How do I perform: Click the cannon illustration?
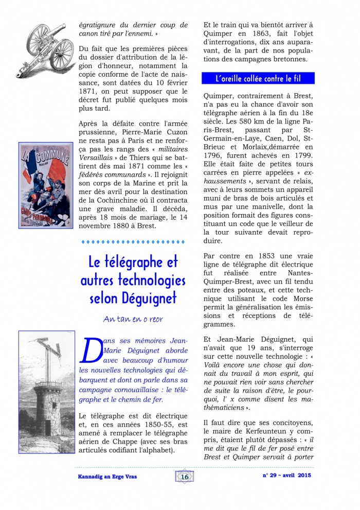[x=45, y=49]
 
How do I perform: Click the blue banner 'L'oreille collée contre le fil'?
[x=258, y=78]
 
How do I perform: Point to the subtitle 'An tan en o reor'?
[x=133, y=319]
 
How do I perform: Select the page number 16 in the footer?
[x=185, y=477]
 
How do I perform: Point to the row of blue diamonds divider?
[x=133, y=241]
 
